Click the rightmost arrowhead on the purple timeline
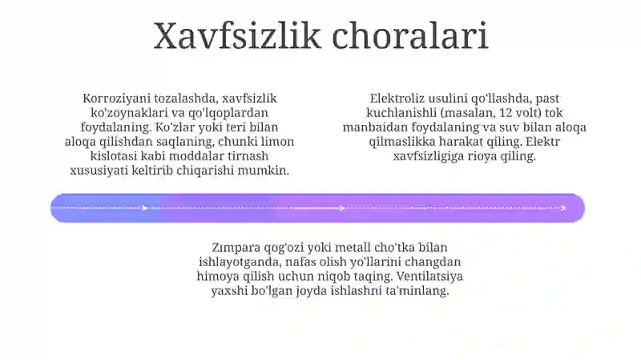[563, 208]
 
